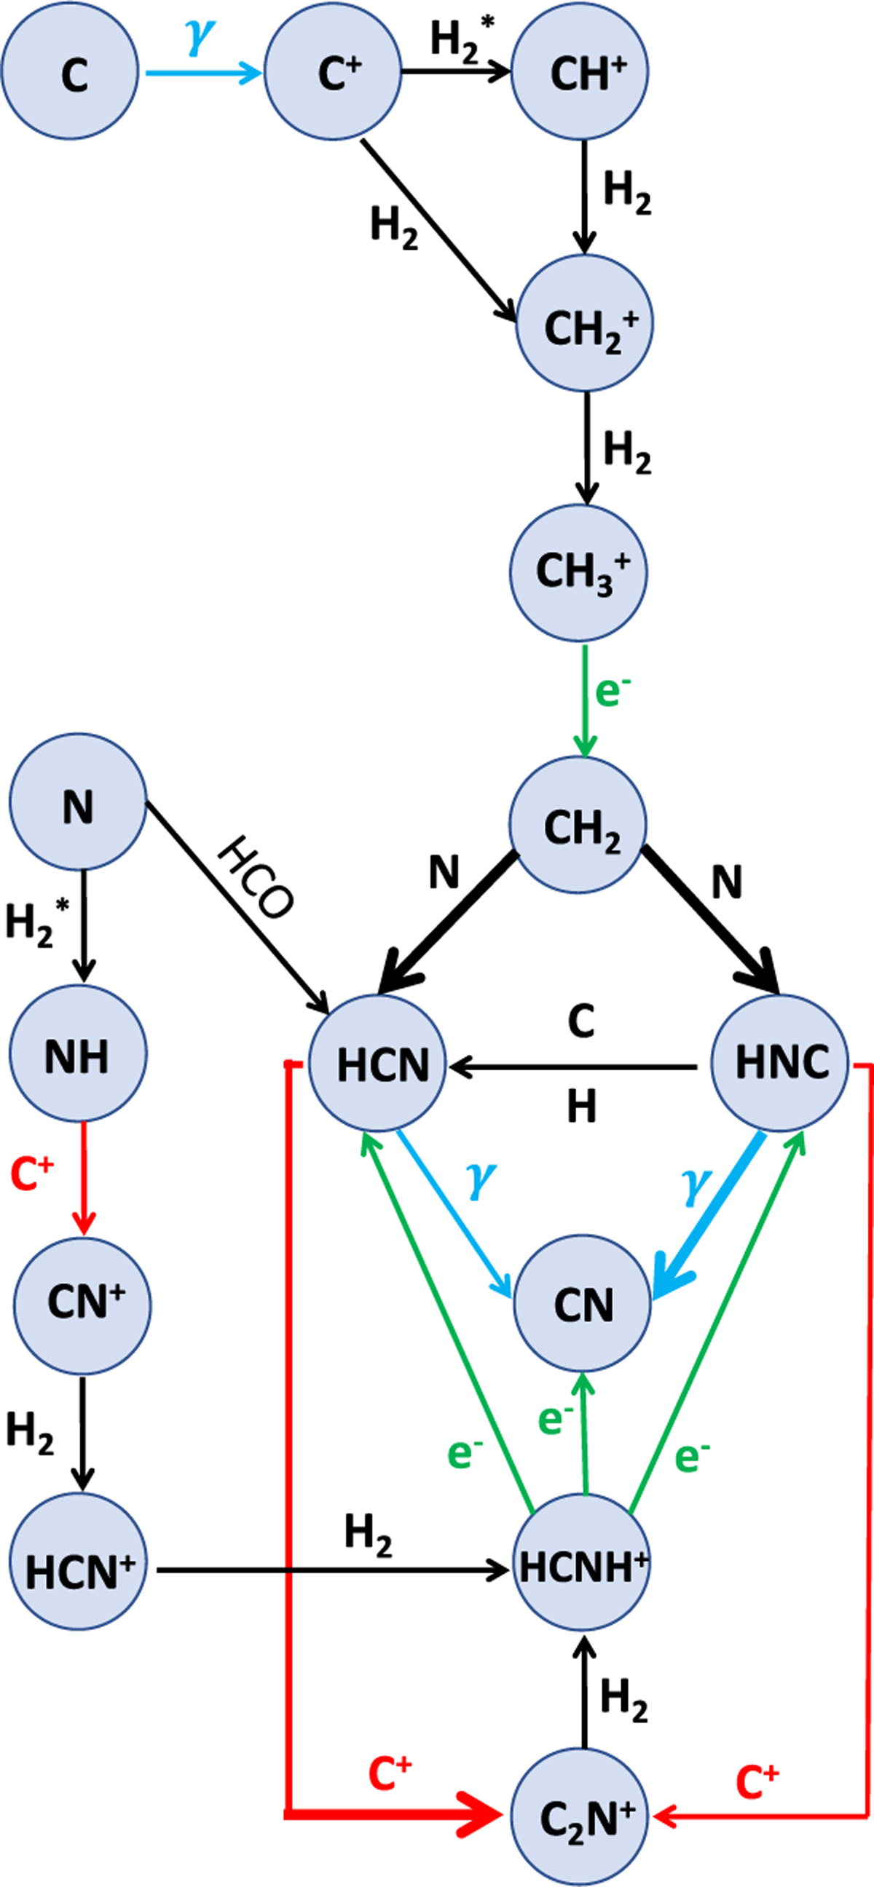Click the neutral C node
[x=70, y=71]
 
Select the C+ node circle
[x=333, y=71]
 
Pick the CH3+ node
[x=579, y=572]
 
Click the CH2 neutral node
[x=578, y=825]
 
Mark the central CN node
[x=583, y=1304]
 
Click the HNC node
[x=781, y=1062]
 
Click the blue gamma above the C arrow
[x=200, y=36]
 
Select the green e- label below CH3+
[x=613, y=692]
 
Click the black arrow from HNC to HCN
[x=572, y=1068]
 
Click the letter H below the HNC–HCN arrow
[x=582, y=1106]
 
